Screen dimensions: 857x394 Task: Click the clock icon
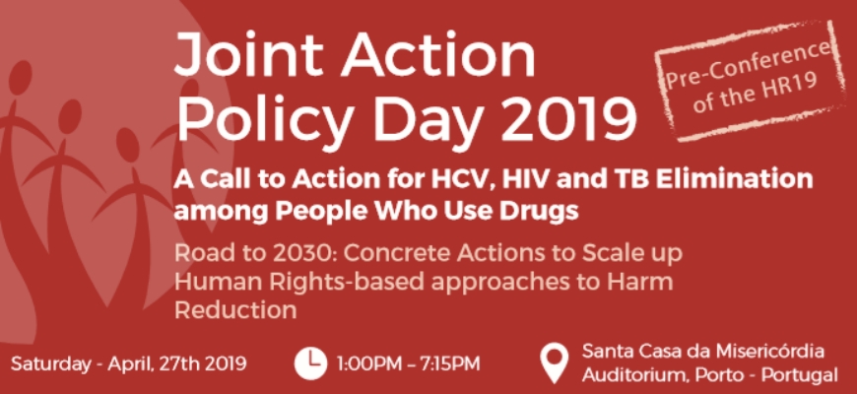coord(310,363)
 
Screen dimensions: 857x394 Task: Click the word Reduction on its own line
coord(235,310)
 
